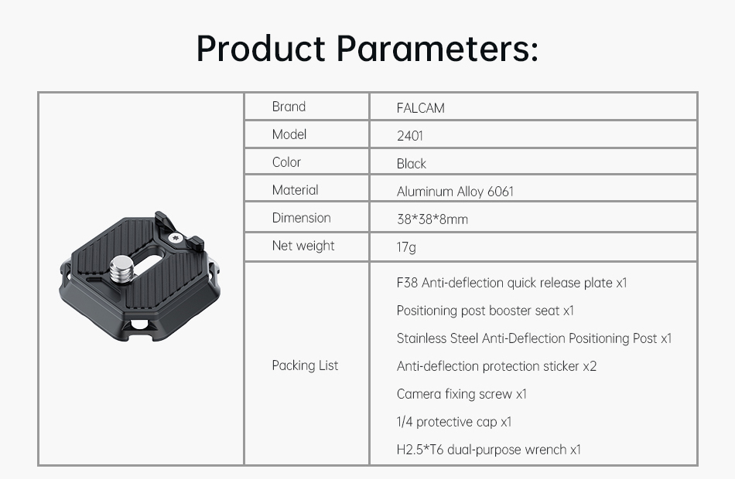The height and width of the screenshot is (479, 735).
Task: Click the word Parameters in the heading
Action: pyautogui.click(x=437, y=48)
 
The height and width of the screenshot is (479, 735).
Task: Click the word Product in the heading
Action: pyautogui.click(x=261, y=48)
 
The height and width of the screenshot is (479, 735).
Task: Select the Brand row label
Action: pyautogui.click(x=289, y=107)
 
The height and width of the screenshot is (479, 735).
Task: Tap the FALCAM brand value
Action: pyautogui.click(x=420, y=108)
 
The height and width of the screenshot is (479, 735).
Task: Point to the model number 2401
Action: pyautogui.click(x=410, y=136)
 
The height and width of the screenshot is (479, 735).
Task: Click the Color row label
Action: pyautogui.click(x=286, y=162)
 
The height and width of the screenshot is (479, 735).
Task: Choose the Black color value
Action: pyautogui.click(x=411, y=164)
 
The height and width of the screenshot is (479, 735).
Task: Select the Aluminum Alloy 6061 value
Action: pyautogui.click(x=455, y=192)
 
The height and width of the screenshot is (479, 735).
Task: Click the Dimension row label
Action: pyautogui.click(x=302, y=218)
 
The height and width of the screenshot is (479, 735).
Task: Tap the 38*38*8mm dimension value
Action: pyautogui.click(x=432, y=219)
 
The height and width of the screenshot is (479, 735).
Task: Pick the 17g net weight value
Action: pyautogui.click(x=406, y=247)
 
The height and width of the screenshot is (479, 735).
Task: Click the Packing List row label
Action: pyautogui.click(x=305, y=365)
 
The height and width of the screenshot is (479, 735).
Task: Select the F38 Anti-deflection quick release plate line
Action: pyautogui.click(x=511, y=283)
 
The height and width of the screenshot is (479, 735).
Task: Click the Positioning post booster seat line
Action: pyautogui.click(x=485, y=311)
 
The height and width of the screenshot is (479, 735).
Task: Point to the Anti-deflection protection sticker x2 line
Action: pyautogui.click(x=497, y=366)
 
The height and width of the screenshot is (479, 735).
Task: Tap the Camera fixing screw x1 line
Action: pyautogui.click(x=462, y=394)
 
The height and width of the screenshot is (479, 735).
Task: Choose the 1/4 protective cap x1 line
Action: pyautogui.click(x=453, y=422)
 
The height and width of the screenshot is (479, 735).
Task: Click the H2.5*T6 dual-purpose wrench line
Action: pyautogui.click(x=488, y=450)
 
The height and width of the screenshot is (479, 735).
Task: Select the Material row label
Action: pyautogui.click(x=295, y=190)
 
